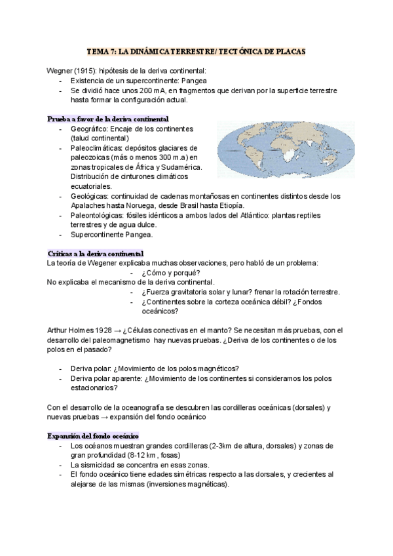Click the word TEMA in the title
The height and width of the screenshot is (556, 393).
[97, 50]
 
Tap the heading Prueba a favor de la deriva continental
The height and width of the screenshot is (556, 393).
[108, 119]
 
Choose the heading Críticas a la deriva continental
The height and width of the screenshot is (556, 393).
[96, 253]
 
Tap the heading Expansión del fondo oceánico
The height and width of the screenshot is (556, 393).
[92, 436]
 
